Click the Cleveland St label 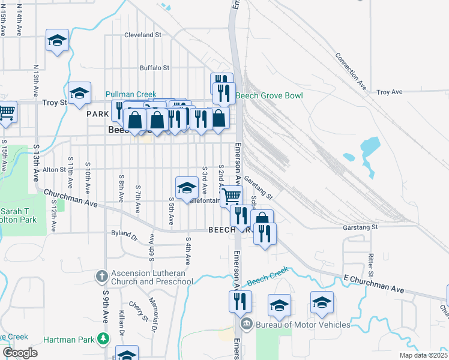143,35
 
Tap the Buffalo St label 155,68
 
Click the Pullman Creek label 131,94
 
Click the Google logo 20,353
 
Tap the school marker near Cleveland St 57,40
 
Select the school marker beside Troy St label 79,93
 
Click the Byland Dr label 124,233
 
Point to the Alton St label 54,170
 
